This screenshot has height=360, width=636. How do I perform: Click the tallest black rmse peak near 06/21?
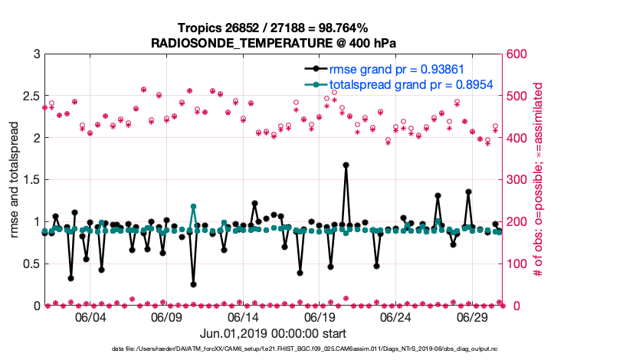pos(346,165)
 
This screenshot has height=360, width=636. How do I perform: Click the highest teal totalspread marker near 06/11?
pos(193,207)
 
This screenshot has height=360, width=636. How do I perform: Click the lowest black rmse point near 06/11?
pos(193,284)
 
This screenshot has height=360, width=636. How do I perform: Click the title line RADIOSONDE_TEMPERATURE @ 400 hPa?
pos(274,42)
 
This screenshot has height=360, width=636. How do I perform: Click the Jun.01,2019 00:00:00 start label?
pos(274,333)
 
